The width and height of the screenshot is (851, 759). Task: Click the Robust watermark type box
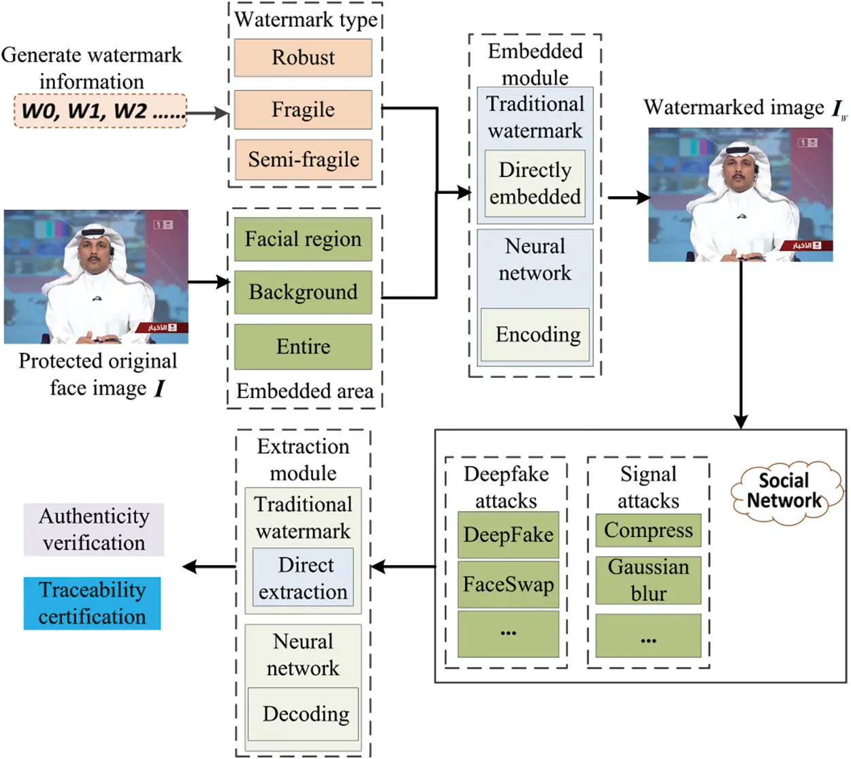[x=303, y=58]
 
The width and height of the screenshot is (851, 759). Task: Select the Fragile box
[x=303, y=110]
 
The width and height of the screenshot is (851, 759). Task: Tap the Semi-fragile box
[x=303, y=160]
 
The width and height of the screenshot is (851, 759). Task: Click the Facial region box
[x=303, y=239]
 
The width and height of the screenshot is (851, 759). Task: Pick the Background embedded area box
[x=303, y=292]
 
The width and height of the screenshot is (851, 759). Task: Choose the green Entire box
[x=303, y=346]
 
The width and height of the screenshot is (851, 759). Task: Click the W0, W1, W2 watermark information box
[x=100, y=111]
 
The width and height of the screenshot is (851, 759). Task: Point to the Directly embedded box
[x=534, y=184]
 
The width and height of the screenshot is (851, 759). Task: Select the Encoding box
[x=534, y=334]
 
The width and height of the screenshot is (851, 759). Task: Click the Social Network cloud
[x=785, y=491]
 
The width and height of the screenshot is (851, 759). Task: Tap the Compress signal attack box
[x=648, y=530]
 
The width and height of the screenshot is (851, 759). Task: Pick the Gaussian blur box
[x=648, y=580]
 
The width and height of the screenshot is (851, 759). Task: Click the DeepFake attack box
[x=508, y=535]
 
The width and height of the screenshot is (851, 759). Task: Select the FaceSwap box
[x=508, y=585]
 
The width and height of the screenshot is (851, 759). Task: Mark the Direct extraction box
[x=304, y=578]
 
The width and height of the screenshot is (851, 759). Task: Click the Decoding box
[x=304, y=713]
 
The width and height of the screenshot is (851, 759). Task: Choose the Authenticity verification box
[x=94, y=530]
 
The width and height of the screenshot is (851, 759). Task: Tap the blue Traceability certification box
[x=92, y=603]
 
